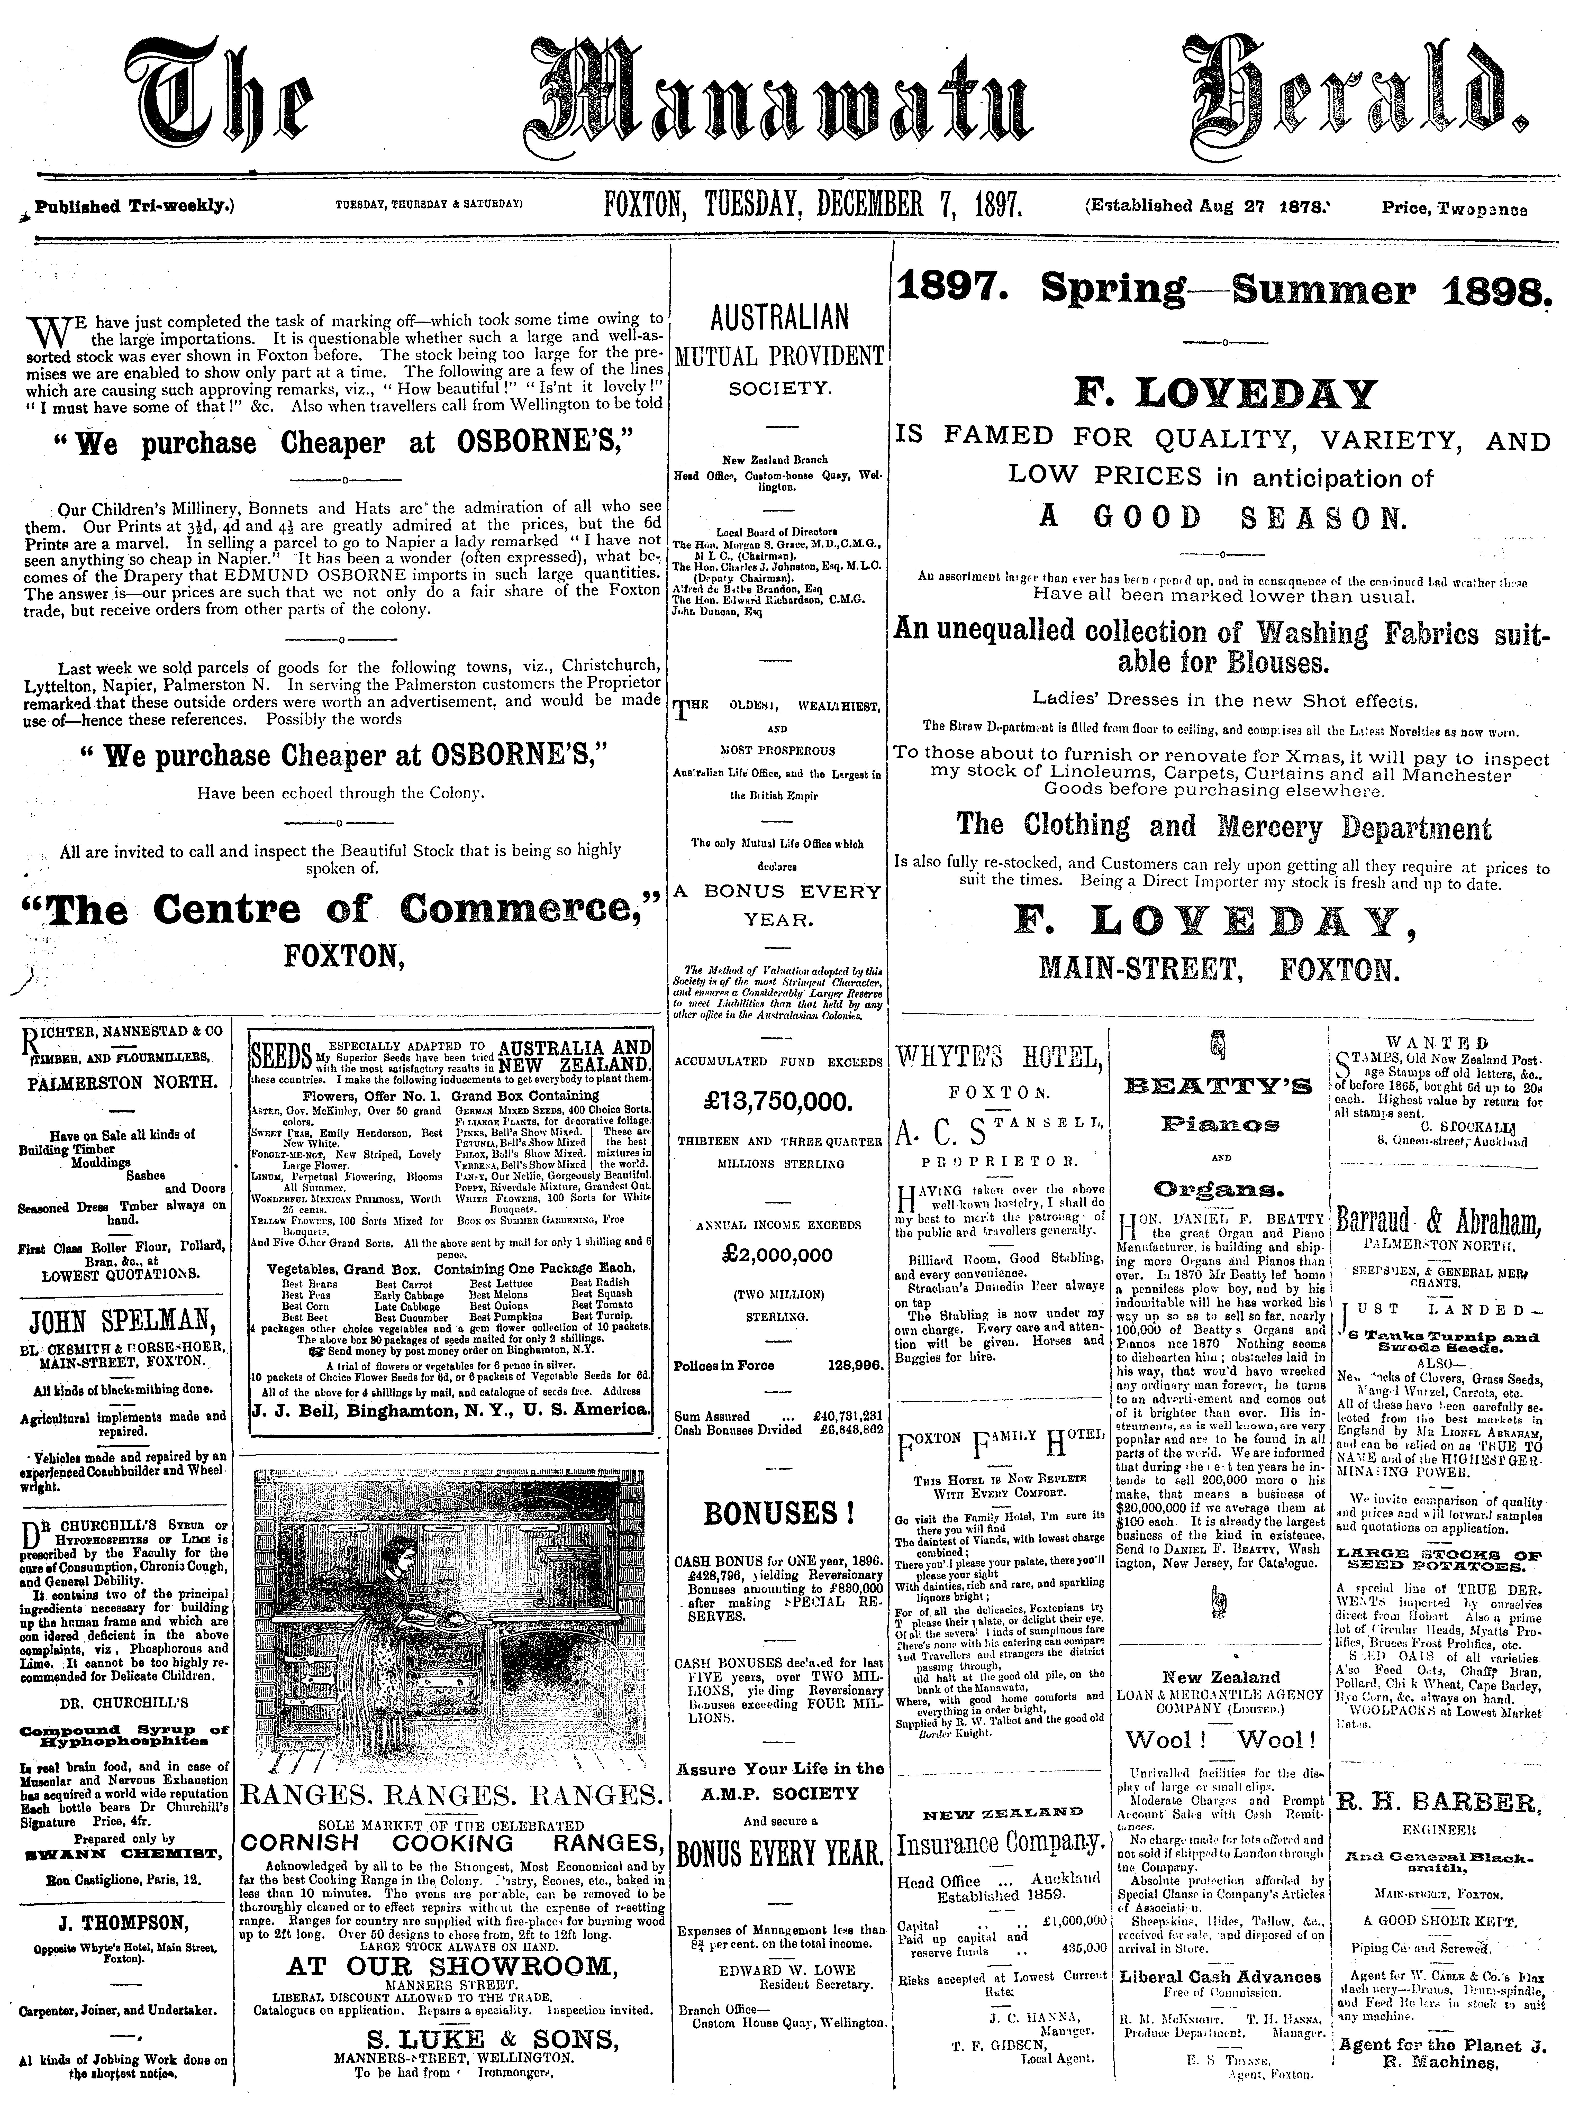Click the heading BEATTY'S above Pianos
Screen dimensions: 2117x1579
(1217, 1087)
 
